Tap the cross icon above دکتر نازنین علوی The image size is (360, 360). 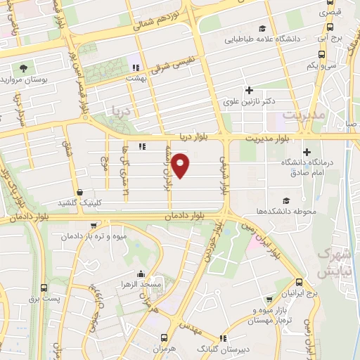tap(248, 89)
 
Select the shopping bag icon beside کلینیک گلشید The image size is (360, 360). tap(80, 192)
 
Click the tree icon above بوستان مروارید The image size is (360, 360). tap(24, 68)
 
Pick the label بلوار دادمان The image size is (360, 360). tap(181, 217)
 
